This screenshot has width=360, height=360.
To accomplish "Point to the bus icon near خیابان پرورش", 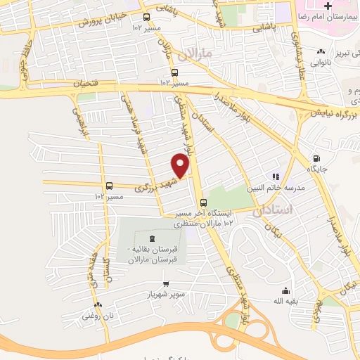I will (146, 18).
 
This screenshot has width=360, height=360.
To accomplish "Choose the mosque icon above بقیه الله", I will (285, 291).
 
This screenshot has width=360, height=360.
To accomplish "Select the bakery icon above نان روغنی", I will (98, 306).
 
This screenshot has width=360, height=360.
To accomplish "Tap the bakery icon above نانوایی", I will (321, 51).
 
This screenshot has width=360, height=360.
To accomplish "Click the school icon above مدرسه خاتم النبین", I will (276, 176).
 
